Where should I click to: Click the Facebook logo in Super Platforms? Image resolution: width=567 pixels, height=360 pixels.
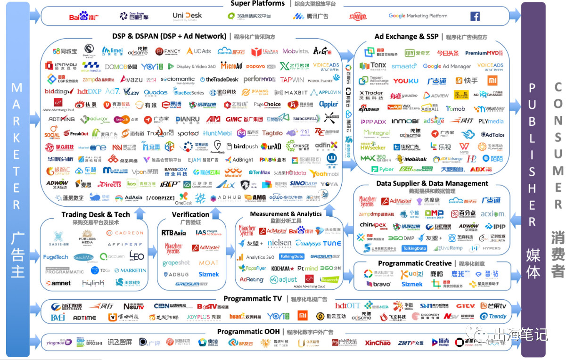(x=475, y=16)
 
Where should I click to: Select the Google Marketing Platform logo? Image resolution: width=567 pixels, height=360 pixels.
(x=418, y=16)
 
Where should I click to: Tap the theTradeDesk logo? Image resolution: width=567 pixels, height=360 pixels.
(x=219, y=80)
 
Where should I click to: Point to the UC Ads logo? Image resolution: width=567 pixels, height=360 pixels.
(x=199, y=51)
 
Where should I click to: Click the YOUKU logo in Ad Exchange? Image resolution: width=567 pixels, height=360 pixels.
(x=405, y=81)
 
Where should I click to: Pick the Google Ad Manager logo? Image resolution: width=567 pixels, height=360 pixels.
(x=446, y=66)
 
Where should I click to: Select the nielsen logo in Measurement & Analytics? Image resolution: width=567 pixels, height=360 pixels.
(x=279, y=243)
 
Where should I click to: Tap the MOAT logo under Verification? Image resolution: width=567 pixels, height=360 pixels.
(x=208, y=262)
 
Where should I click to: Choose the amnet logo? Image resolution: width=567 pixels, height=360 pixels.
(x=58, y=283)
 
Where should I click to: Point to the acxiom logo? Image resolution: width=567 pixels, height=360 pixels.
(x=492, y=214)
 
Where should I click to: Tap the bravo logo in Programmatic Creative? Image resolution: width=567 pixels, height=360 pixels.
(x=378, y=284)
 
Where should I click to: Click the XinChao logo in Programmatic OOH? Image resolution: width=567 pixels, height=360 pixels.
(x=378, y=343)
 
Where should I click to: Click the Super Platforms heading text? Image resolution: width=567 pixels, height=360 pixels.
(x=257, y=4)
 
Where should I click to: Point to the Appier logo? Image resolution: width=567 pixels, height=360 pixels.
(x=329, y=104)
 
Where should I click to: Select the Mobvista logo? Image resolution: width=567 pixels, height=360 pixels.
(x=296, y=51)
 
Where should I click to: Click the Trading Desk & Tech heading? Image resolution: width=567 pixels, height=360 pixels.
(x=96, y=215)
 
